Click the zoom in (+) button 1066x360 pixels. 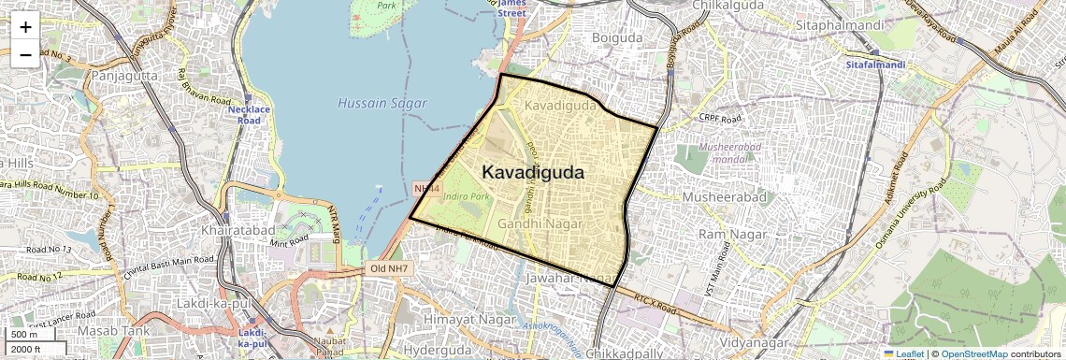25,26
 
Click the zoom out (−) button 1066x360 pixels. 25,54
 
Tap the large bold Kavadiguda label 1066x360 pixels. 533,173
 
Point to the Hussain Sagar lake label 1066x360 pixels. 382,103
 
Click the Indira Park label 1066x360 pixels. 468,197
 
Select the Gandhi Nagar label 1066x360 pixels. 541,224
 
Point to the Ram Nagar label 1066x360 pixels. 726,233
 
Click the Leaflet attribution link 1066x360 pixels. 903,353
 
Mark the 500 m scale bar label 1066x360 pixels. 24,335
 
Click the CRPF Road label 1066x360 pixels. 719,119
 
